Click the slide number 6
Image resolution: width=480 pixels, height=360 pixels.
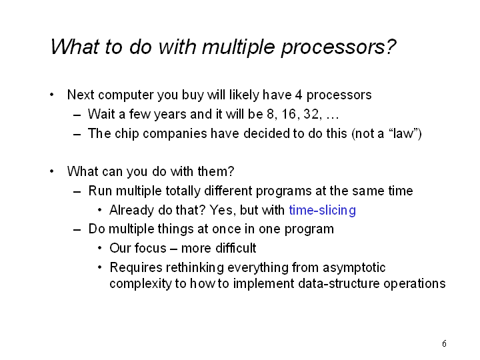point(444,343)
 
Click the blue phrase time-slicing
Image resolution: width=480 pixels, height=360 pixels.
point(323,210)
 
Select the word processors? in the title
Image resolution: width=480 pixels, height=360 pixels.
point(339,48)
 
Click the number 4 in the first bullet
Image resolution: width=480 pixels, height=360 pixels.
point(299,95)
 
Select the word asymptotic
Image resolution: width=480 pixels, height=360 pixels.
point(354,268)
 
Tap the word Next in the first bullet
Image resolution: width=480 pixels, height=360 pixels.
point(81,95)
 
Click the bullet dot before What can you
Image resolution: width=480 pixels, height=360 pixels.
point(52,171)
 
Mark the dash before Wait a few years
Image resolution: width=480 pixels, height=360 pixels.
point(77,115)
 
